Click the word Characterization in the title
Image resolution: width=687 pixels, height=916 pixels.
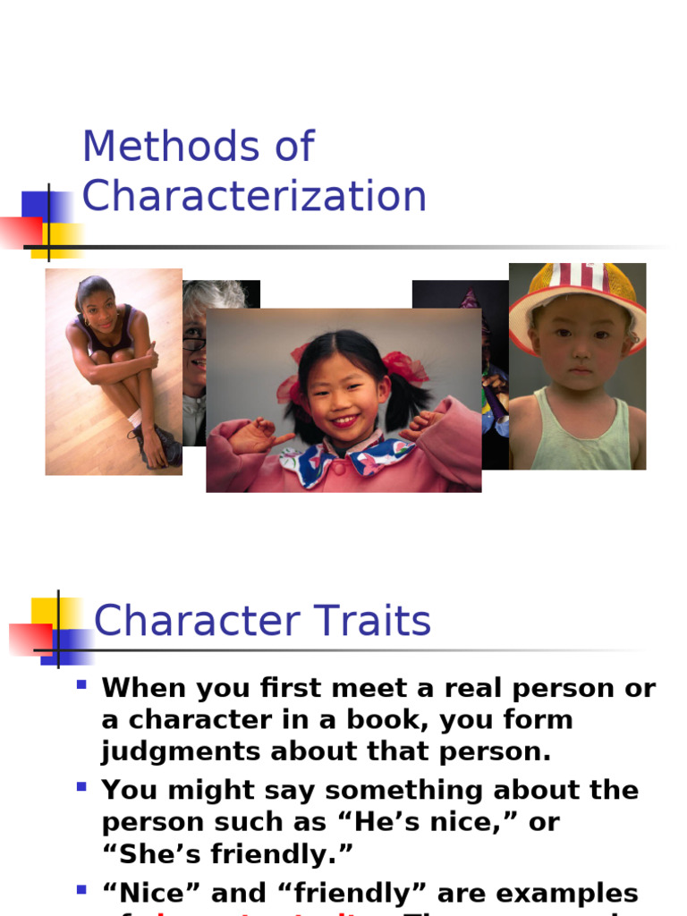tap(254, 197)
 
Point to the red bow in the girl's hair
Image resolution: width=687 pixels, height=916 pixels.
tap(404, 367)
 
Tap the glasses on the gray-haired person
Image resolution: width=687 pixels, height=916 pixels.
tap(194, 343)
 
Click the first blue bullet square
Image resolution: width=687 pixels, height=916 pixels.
tap(81, 685)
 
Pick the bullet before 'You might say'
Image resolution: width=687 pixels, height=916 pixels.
tap(81, 787)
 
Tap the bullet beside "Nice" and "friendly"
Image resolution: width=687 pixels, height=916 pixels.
tap(81, 890)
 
